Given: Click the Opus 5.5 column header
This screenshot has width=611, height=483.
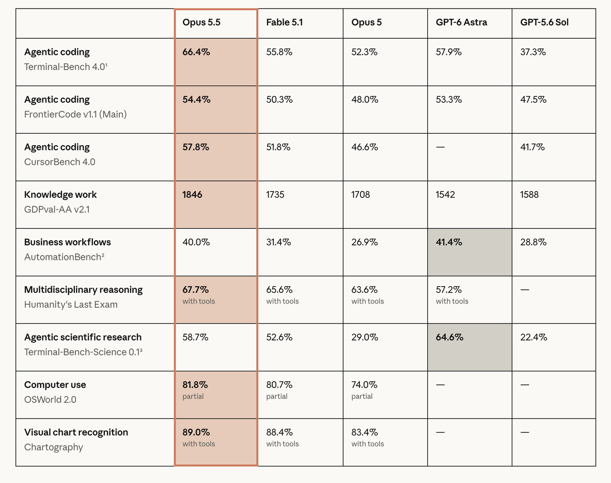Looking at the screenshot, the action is [x=201, y=22].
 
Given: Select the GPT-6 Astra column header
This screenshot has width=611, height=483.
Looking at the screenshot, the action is [x=462, y=22].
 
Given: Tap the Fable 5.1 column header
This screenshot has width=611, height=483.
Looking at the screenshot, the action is [x=284, y=22].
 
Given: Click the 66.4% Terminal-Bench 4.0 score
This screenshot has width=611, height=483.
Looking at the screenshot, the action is [x=196, y=52].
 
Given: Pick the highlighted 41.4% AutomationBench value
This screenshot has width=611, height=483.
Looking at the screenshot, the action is [x=449, y=242].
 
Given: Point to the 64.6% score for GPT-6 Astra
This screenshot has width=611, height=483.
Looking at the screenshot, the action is [x=450, y=337].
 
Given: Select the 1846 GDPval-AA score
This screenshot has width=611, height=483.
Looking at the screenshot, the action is [x=192, y=194].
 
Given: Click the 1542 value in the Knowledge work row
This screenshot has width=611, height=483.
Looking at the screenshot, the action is [x=445, y=194].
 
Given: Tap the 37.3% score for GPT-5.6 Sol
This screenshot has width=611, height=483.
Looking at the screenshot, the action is [x=533, y=52].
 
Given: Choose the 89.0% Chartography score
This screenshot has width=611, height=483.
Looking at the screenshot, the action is [x=196, y=432].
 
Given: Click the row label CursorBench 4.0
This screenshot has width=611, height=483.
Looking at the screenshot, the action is [x=60, y=162].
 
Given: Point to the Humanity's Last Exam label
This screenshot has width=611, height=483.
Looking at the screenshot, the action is [x=71, y=305].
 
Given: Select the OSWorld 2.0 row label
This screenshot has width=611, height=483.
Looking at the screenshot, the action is [x=50, y=400].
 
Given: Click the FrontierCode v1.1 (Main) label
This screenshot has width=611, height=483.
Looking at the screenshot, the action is [x=75, y=114].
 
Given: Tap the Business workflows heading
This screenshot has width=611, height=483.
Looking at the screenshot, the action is [x=68, y=242].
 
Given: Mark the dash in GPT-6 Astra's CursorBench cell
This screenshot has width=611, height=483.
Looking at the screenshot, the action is [x=441, y=147].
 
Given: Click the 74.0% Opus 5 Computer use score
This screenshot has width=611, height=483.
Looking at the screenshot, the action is [x=364, y=385].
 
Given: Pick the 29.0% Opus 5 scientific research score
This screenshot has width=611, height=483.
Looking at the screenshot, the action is [x=365, y=337].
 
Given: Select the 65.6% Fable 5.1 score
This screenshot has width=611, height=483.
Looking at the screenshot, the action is [x=279, y=290].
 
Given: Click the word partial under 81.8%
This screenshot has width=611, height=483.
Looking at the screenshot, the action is [x=193, y=397].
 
